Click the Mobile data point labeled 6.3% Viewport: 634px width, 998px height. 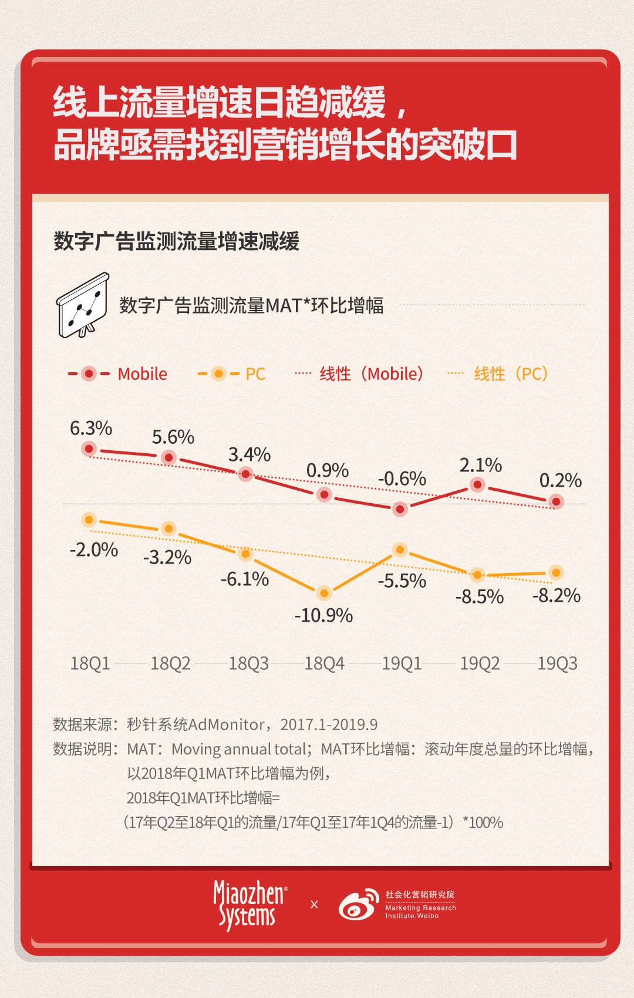[x=89, y=449]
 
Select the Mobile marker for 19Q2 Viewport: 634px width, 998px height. [x=478, y=485]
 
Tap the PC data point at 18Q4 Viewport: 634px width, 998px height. [x=324, y=593]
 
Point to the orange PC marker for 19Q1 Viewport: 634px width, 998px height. [x=400, y=550]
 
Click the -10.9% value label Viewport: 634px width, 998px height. [x=323, y=615]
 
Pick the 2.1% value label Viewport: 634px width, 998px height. [x=480, y=465]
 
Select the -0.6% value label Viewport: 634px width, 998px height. [x=402, y=478]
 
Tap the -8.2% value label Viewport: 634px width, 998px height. [x=556, y=596]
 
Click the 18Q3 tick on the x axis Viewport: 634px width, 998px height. [x=248, y=663]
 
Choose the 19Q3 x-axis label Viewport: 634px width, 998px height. [x=557, y=663]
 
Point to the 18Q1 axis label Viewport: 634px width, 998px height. [x=90, y=663]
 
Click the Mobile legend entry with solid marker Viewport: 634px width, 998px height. [x=117, y=374]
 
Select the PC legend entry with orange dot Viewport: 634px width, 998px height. [x=231, y=374]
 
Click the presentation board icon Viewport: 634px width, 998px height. [x=83, y=305]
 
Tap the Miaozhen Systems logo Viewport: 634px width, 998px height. [x=249, y=905]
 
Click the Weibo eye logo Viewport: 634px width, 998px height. [x=359, y=905]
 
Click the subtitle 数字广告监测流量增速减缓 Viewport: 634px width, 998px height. [x=177, y=241]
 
